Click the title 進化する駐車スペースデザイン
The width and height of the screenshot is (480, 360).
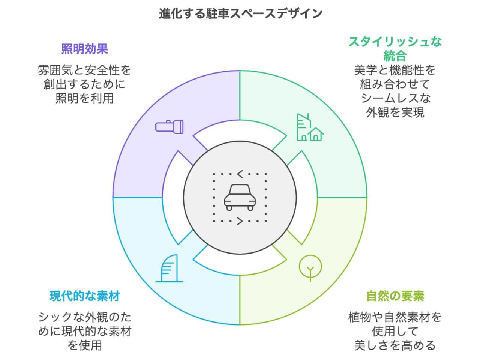(240, 13)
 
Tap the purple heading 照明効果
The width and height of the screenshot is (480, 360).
(85, 49)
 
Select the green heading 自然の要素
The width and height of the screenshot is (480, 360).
(395, 296)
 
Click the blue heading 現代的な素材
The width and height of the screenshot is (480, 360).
(85, 296)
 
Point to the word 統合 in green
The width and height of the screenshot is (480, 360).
(395, 56)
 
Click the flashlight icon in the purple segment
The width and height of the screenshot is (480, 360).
(169, 126)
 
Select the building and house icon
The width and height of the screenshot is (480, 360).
(310, 127)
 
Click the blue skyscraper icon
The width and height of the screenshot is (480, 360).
(169, 268)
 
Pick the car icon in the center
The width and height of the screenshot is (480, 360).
(240, 197)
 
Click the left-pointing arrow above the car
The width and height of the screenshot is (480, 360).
(240, 174)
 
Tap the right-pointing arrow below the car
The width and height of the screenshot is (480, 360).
(240, 221)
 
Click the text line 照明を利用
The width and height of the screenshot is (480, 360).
(85, 98)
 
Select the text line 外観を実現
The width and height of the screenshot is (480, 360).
(395, 112)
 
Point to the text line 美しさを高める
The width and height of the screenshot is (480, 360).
(395, 345)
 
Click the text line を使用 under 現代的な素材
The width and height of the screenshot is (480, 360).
(85, 345)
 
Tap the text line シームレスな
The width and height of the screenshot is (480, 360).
(395, 98)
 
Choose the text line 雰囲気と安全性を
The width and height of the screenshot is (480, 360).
(85, 70)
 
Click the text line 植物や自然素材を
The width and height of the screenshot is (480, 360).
(395, 317)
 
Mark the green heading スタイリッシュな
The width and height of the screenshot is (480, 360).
(395, 42)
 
